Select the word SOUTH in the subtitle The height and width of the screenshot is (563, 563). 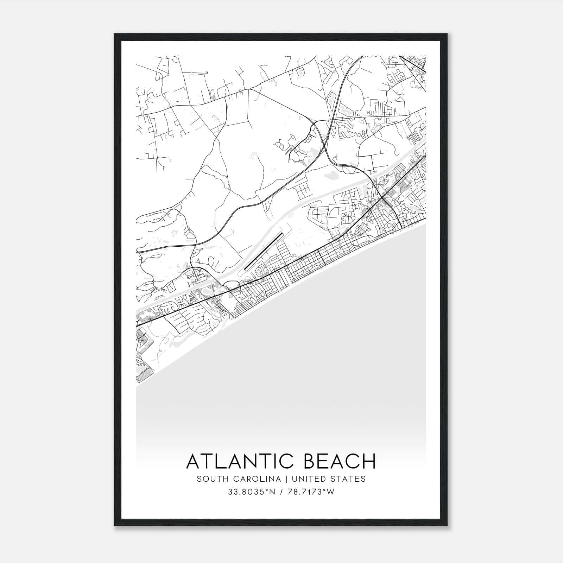tap(209, 479)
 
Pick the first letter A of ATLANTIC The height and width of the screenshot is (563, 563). tap(193, 461)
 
